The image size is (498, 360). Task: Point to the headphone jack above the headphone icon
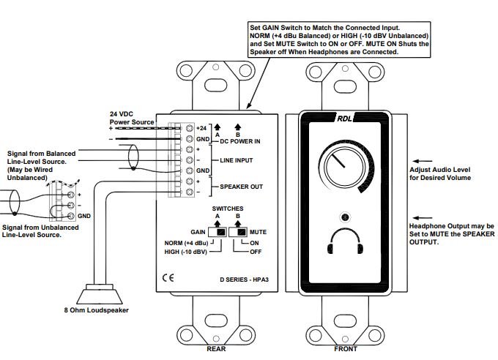(x=344, y=217)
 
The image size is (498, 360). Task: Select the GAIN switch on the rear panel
(x=220, y=232)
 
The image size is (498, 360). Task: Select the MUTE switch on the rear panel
(x=239, y=232)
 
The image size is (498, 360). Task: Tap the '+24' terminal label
(x=203, y=128)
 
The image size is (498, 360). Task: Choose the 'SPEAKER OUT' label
(x=242, y=187)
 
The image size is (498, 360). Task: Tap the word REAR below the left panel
(x=216, y=349)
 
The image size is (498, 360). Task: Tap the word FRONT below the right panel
(x=345, y=349)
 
